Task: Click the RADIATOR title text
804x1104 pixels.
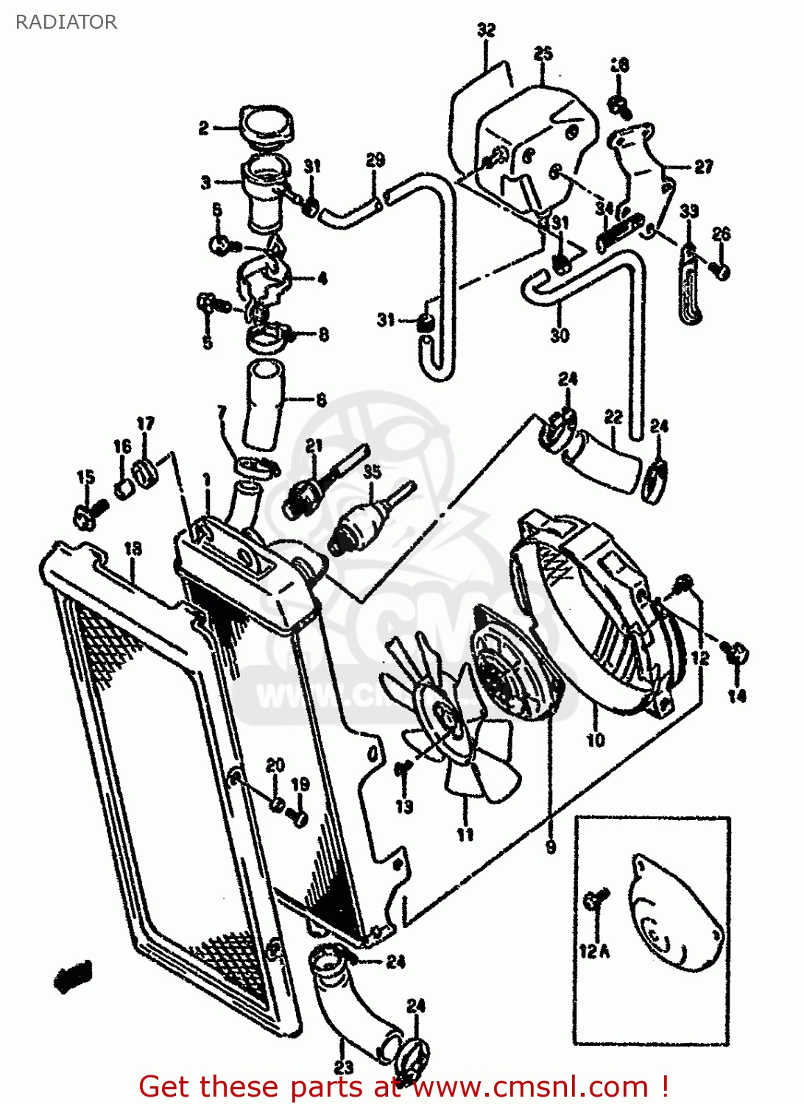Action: click(x=66, y=22)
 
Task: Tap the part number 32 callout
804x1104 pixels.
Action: click(x=486, y=30)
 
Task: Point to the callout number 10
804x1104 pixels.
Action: click(x=596, y=739)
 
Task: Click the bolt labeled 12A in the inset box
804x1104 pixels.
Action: click(x=596, y=899)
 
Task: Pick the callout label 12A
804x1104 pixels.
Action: click(x=594, y=951)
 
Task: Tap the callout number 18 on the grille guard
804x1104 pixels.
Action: click(x=133, y=548)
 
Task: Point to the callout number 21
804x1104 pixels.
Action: click(x=314, y=445)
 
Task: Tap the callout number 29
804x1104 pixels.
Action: click(x=375, y=160)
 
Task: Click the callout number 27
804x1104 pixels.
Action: click(x=704, y=167)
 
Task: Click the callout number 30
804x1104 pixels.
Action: click(x=560, y=335)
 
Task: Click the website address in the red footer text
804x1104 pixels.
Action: click(x=531, y=1086)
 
